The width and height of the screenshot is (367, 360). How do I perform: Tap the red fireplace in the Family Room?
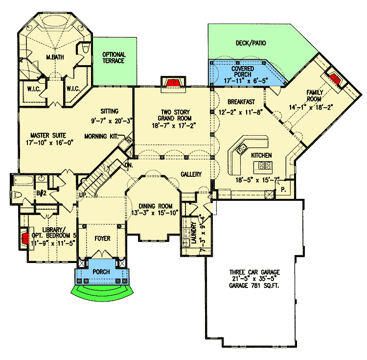(335, 78)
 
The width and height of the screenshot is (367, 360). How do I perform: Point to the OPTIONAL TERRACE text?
(114, 58)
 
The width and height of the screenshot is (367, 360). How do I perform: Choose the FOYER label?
(103, 239)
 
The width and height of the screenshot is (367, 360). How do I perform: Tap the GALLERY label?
(191, 174)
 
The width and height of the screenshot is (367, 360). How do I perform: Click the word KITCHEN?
(261, 155)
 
